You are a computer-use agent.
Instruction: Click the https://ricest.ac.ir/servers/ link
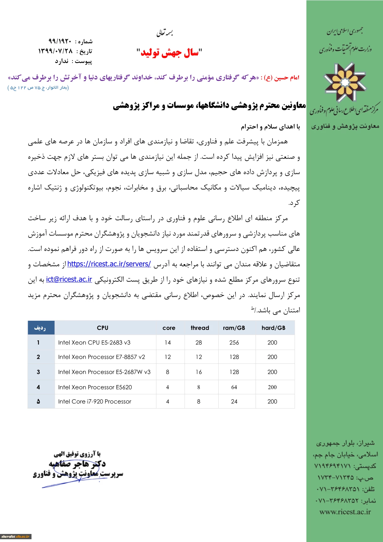coord(109,264)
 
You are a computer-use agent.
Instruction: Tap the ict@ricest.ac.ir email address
coord(69,279)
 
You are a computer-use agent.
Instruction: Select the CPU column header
coord(103,328)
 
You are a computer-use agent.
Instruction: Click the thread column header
coord(200,328)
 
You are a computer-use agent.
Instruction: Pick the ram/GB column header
coord(234,328)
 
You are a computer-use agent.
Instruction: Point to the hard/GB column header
coord(273,328)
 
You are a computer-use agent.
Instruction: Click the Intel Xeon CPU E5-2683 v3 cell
coord(94,342)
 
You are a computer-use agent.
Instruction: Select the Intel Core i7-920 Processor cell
coord(95,401)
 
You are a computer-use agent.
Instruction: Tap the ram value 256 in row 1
coord(234,342)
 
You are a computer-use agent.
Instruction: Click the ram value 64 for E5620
coord(234,387)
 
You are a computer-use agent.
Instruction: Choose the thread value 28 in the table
coord(199,342)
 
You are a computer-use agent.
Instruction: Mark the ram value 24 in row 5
coord(234,401)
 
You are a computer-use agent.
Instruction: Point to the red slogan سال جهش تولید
coord(169,53)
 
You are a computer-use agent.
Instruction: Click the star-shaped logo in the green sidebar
coord(345,82)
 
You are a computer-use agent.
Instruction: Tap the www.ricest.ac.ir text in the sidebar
coord(345,512)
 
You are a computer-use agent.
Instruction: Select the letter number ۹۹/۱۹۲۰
coord(60,41)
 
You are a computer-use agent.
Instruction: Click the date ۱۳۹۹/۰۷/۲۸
coord(55,51)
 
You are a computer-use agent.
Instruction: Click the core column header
coord(169,328)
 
